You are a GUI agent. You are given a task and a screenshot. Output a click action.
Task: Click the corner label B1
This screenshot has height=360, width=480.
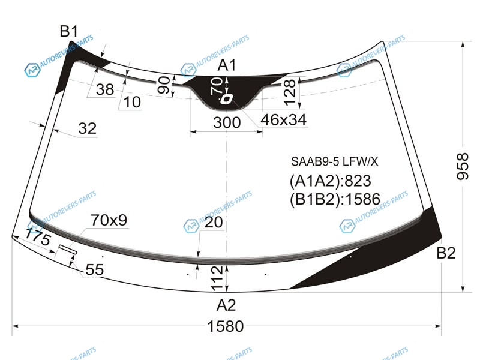(x=69, y=31)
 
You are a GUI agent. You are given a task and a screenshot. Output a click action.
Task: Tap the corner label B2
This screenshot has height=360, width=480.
(x=446, y=253)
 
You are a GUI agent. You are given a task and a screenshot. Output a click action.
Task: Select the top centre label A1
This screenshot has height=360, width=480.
(x=227, y=65)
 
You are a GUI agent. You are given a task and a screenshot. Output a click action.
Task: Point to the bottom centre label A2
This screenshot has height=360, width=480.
(x=226, y=305)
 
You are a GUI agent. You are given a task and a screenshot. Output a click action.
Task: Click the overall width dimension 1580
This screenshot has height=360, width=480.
(x=226, y=326)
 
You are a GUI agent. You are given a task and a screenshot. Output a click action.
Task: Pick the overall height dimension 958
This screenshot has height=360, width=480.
(x=463, y=167)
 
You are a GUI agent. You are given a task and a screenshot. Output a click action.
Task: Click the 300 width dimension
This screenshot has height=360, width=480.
(x=227, y=122)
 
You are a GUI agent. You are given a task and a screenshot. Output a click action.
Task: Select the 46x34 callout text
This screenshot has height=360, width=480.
(x=283, y=119)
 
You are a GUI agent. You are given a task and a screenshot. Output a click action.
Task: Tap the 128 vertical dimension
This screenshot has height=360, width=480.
(x=290, y=92)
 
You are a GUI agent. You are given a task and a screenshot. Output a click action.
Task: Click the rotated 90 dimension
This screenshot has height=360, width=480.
(x=164, y=85)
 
